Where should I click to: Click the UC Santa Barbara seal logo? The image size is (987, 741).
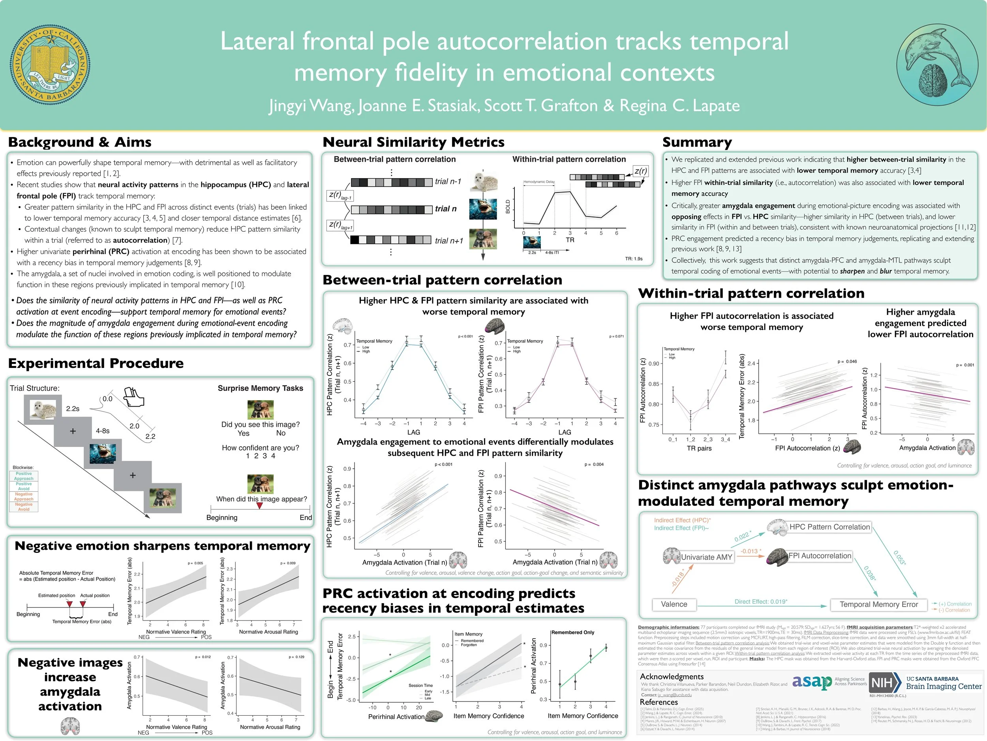pos(50,65)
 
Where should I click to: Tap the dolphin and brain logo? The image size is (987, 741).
pos(937,65)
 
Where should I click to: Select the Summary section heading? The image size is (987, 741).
pos(697,143)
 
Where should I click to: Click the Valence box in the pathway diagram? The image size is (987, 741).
pos(674,604)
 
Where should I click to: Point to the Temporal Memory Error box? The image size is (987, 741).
pos(878,604)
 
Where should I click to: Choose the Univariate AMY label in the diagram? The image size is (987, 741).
pos(706,557)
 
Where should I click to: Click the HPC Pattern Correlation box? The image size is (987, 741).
pos(829,527)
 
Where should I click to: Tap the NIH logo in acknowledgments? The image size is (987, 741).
pos(882,683)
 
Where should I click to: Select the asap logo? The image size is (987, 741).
pos(812,683)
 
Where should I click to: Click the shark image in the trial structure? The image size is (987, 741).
pos(103,453)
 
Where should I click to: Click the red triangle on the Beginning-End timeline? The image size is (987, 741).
pos(260,505)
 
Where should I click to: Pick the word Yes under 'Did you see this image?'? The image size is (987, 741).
pos(244,433)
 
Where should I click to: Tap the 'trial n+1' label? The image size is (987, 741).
pos(449,241)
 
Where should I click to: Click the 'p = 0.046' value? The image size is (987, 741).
pos(847,361)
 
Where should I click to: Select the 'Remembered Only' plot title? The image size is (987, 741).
pos(573,632)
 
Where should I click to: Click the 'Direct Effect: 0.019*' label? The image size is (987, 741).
pos(761,601)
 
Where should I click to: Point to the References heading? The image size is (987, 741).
pos(659,702)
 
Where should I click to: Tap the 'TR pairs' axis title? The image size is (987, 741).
pos(699,448)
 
